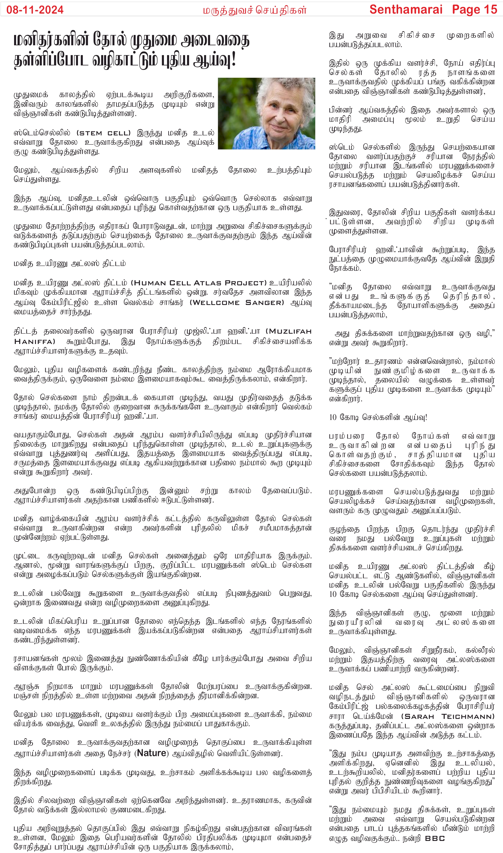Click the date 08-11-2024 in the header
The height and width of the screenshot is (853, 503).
pyautogui.click(x=35, y=10)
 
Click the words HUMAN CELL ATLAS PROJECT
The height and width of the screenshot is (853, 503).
pyautogui.click(x=199, y=283)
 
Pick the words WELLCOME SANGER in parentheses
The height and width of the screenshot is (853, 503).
pyautogui.click(x=237, y=303)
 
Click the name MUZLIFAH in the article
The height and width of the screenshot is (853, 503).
pyautogui.click(x=290, y=331)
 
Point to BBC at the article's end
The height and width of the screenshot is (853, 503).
pyautogui.click(x=435, y=838)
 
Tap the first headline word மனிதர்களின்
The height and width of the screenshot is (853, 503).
pyautogui.click(x=51, y=40)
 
